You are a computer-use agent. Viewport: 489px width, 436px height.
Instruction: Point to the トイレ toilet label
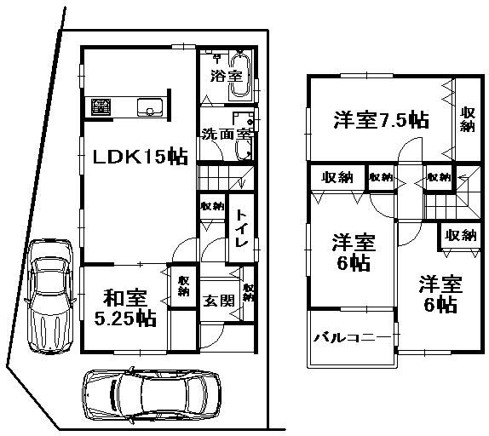(x=241, y=229)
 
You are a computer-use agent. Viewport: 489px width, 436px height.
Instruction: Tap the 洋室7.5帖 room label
(x=379, y=120)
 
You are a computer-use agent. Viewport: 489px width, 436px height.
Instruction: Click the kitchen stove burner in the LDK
(x=101, y=106)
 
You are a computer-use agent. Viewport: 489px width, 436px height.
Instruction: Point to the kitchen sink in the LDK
(x=152, y=107)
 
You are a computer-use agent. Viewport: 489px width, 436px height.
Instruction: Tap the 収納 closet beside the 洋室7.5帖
(x=468, y=119)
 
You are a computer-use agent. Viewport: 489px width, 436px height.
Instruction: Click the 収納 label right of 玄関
(x=248, y=292)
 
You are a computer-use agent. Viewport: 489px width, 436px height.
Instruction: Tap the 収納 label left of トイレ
(x=212, y=206)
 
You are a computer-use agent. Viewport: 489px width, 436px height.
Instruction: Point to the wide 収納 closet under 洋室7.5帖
(x=337, y=177)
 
